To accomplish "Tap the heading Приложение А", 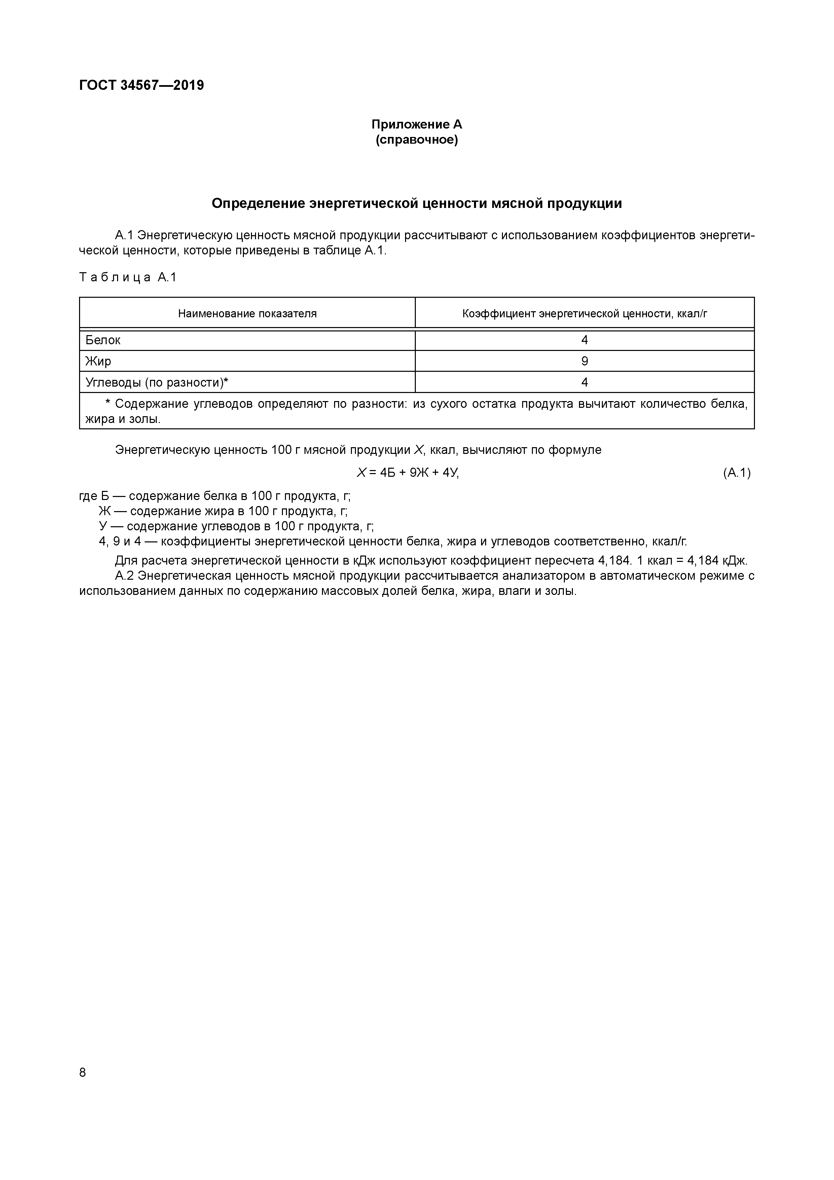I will coord(417,124).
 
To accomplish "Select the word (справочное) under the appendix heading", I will coord(417,140).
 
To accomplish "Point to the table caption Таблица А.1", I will coord(128,278).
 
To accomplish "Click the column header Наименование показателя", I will coord(247,314).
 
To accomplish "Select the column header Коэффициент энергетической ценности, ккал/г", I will coord(585,314).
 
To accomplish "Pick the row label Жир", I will coord(98,361).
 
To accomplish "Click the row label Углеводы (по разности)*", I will coord(157,382).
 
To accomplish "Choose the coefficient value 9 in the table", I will coord(585,361).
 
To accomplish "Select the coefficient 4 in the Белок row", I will coord(585,340).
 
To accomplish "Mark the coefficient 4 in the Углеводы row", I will coord(585,382).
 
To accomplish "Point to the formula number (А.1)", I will coord(737,473).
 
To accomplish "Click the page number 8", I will coord(83,1072).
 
